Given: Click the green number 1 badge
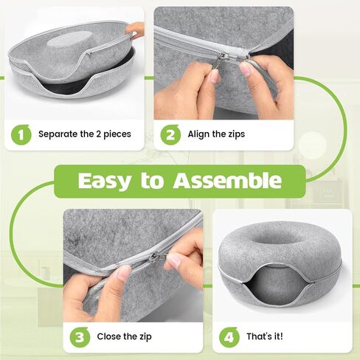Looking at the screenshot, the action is pyautogui.click(x=21, y=134).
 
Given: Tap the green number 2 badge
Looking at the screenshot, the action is pyautogui.click(x=170, y=134).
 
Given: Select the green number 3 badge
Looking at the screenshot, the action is pyautogui.click(x=80, y=337).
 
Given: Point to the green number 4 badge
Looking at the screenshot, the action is pyautogui.click(x=229, y=337).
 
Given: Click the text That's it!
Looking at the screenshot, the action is pyautogui.click(x=265, y=336).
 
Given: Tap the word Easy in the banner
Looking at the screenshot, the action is pyautogui.click(x=104, y=181).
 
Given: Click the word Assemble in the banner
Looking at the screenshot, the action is pyautogui.click(x=227, y=180).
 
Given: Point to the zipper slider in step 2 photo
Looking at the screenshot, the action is pyautogui.click(x=223, y=58).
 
